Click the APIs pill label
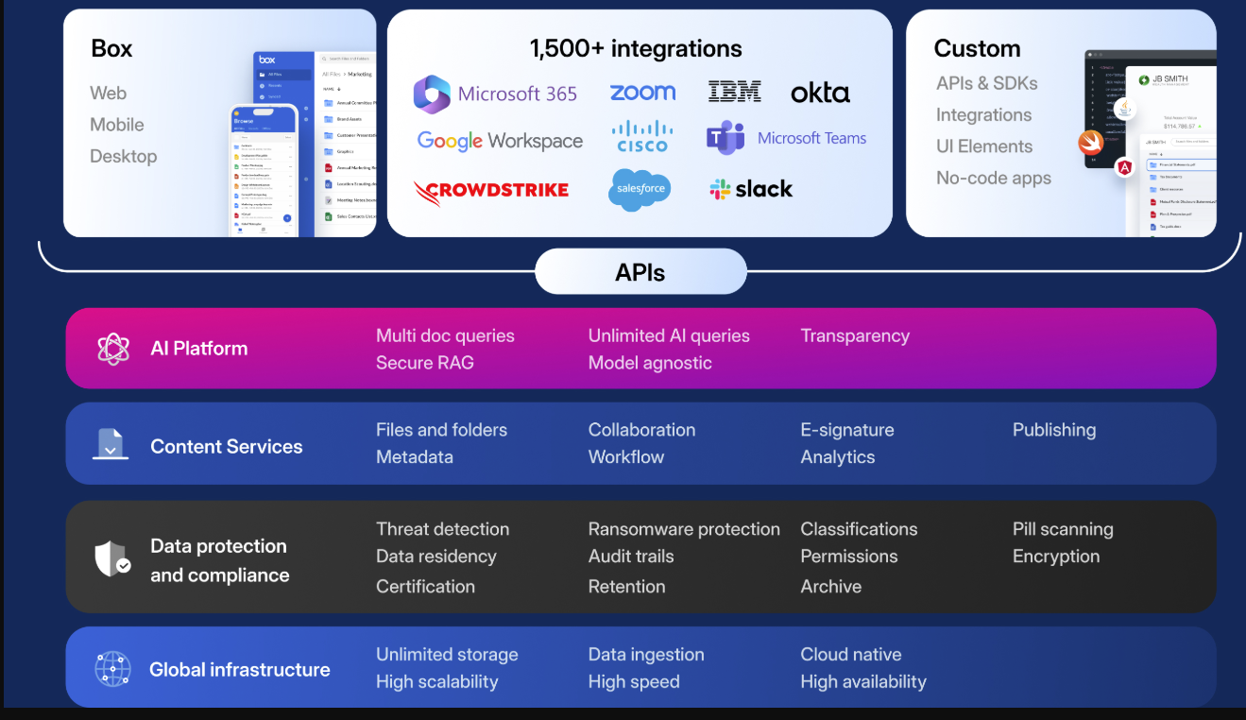(640, 273)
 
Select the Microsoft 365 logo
(495, 94)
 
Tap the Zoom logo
(642, 92)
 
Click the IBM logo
(734, 92)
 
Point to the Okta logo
(820, 93)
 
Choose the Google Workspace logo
(500, 141)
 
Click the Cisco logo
(642, 137)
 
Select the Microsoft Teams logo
(786, 138)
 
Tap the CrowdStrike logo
(491, 191)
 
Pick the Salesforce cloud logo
(640, 189)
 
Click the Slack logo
(751, 189)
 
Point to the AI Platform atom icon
(112, 349)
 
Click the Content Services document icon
(111, 444)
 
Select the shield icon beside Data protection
(111, 558)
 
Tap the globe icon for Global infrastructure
(112, 669)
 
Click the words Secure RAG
(424, 363)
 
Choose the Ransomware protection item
(684, 529)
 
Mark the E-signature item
(846, 430)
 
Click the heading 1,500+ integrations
(636, 49)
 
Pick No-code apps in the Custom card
(993, 178)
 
